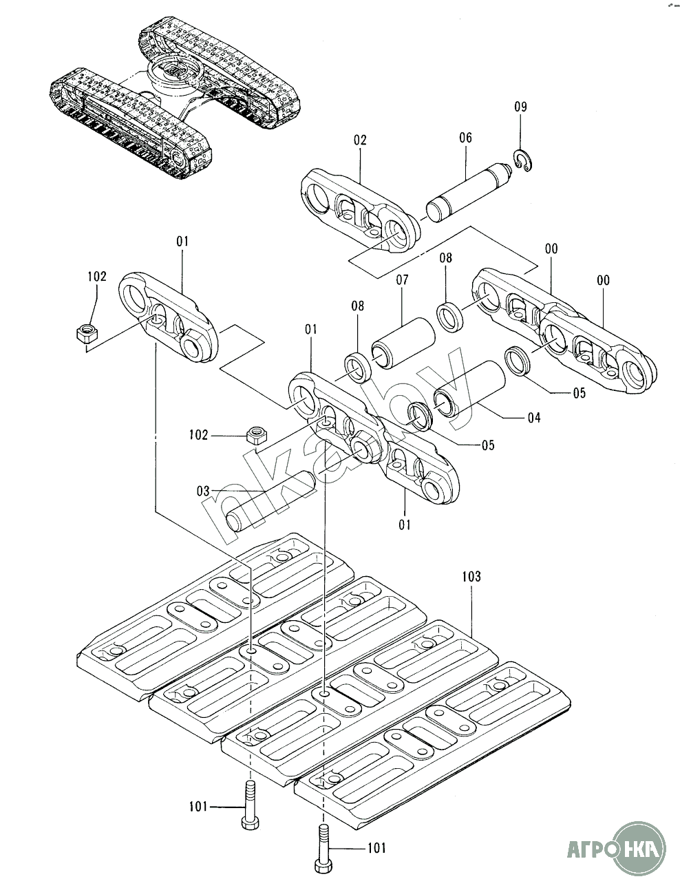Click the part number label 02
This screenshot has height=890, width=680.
pyautogui.click(x=360, y=140)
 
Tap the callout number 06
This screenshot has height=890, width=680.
pyautogui.click(x=465, y=138)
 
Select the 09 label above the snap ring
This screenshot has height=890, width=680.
pyautogui.click(x=520, y=107)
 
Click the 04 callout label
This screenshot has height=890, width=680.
pyautogui.click(x=533, y=417)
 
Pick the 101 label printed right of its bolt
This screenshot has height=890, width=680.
pyautogui.click(x=376, y=848)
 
